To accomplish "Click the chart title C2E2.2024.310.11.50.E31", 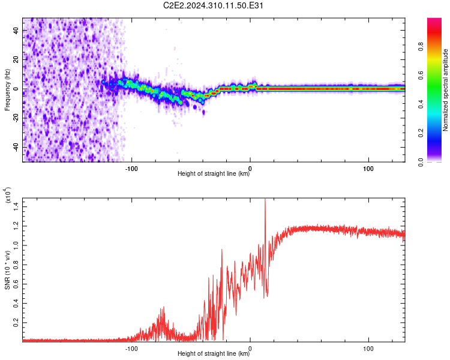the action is click(x=213, y=5).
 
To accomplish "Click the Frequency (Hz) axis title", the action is click(x=7, y=90).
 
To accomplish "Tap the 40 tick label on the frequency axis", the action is click(x=16, y=30).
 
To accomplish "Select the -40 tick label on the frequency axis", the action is click(x=16, y=148).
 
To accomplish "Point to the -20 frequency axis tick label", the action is click(x=16, y=118).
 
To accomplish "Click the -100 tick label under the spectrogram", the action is click(x=131, y=169).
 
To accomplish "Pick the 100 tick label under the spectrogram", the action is click(x=368, y=169).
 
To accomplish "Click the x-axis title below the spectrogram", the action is click(x=214, y=173).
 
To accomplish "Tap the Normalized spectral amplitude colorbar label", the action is click(x=445, y=90).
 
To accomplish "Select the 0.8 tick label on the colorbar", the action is click(x=421, y=46).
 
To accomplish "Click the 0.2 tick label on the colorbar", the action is click(x=421, y=133).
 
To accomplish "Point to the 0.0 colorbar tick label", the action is click(x=421, y=162).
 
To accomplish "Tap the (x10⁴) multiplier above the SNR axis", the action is click(x=8, y=195).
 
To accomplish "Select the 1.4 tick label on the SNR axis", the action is click(x=16, y=206).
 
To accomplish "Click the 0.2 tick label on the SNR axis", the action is click(x=16, y=322).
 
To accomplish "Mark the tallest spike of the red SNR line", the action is click(x=265, y=199).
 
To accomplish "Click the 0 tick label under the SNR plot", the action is click(x=250, y=349).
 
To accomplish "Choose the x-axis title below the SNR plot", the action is click(x=214, y=353).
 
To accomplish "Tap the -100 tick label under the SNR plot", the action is click(x=131, y=349).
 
